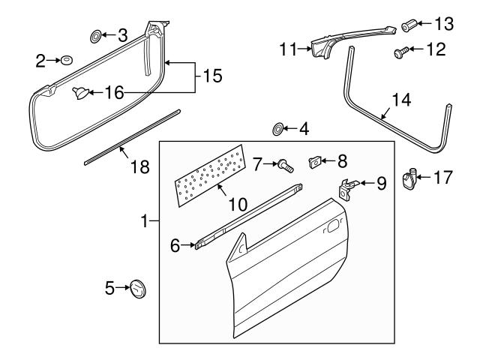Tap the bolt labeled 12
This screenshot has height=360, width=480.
point(400,52)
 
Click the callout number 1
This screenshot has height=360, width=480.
point(145,221)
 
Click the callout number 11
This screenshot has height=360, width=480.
point(289,50)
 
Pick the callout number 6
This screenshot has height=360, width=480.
point(175,245)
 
